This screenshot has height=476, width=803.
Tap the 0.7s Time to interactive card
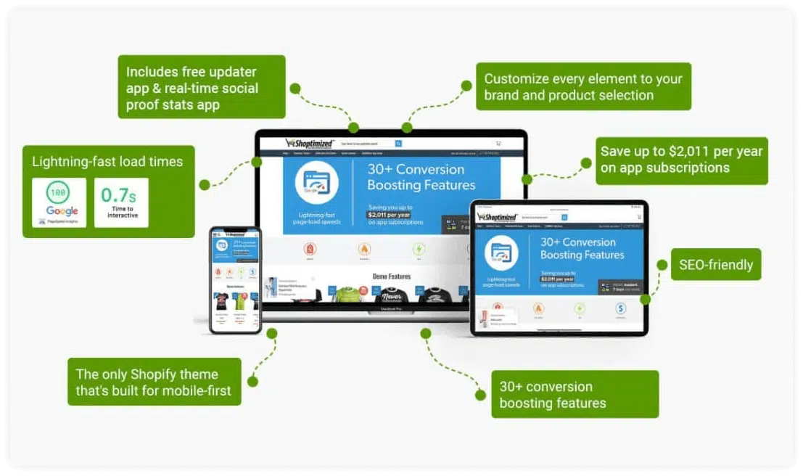[121, 202]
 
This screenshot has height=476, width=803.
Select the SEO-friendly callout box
[715, 265]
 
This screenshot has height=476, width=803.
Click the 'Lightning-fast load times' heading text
[107, 162]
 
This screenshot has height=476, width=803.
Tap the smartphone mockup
[235, 280]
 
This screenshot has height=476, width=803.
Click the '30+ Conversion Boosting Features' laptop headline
[416, 177]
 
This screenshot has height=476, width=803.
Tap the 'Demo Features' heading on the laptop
[391, 276]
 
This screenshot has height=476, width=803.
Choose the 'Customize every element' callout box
[582, 87]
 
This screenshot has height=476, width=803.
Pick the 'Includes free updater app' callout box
[201, 88]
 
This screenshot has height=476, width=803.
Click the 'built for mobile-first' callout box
[154, 382]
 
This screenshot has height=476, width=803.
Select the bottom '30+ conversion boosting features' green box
[575, 395]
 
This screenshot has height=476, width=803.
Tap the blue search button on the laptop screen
[398, 144]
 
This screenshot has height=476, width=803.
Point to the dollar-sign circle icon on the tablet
[620, 308]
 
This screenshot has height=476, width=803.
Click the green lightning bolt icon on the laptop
[419, 250]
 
